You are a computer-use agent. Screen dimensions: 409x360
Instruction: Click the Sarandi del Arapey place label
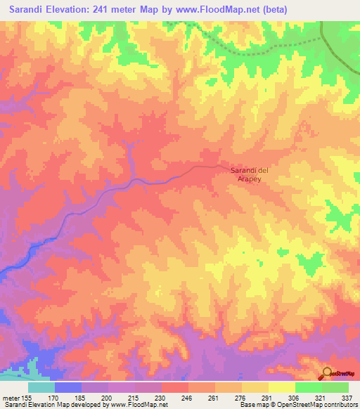(250, 174)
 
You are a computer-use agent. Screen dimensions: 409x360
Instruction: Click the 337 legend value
(347, 397)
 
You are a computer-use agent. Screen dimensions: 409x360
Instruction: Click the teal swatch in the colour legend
(41, 387)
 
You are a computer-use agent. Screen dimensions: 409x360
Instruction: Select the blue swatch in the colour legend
(68, 387)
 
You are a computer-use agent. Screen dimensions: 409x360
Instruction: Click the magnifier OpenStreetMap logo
(327, 373)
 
